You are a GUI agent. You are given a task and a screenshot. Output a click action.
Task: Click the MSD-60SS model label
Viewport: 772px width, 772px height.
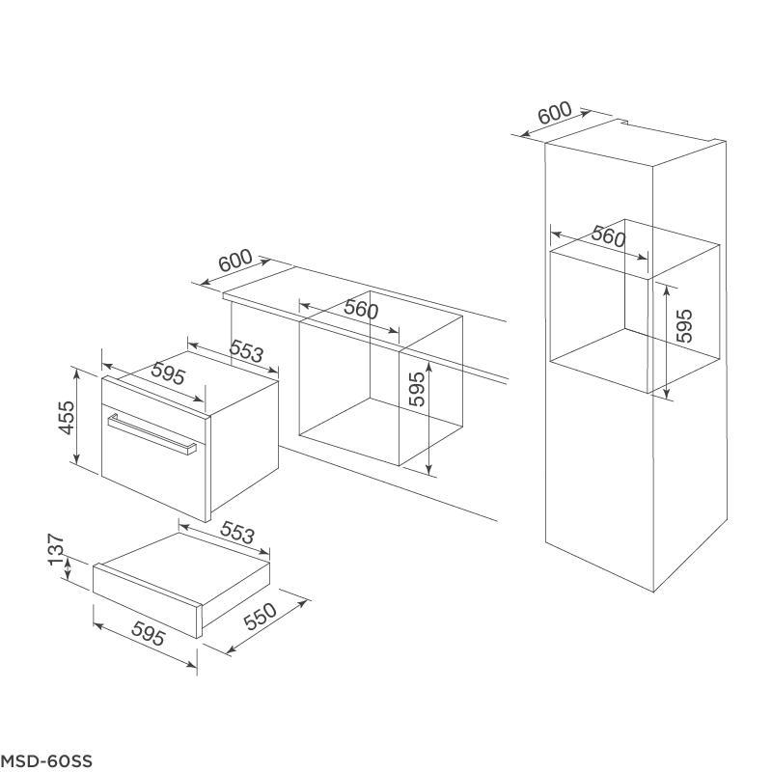pyautogui.click(x=45, y=760)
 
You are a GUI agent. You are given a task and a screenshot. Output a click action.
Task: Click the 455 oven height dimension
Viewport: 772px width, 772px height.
pyautogui.click(x=67, y=418)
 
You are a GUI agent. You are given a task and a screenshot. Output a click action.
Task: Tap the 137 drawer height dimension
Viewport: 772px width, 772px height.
pyautogui.click(x=57, y=549)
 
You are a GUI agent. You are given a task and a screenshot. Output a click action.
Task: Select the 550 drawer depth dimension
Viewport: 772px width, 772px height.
pyautogui.click(x=260, y=616)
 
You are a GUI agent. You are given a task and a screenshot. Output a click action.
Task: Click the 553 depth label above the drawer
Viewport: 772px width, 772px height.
pyautogui.click(x=237, y=533)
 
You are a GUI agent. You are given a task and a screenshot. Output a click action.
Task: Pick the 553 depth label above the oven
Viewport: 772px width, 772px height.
pyautogui.click(x=247, y=350)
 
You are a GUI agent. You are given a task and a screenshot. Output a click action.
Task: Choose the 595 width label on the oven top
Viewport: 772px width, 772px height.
pyautogui.click(x=168, y=373)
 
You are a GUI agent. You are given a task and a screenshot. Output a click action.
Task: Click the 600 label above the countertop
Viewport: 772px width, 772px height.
pyautogui.click(x=235, y=261)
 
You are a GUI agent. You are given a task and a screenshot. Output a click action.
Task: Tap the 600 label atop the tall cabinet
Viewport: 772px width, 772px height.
pyautogui.click(x=555, y=113)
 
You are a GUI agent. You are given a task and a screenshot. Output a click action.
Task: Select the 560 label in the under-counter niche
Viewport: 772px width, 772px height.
pyautogui.click(x=361, y=309)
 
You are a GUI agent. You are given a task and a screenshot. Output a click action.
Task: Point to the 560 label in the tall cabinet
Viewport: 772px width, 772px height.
pyautogui.click(x=609, y=235)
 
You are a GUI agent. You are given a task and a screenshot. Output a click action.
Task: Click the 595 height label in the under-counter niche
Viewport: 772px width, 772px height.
pyautogui.click(x=417, y=389)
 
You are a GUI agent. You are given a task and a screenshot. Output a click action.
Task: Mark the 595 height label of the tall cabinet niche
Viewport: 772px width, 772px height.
pyautogui.click(x=684, y=326)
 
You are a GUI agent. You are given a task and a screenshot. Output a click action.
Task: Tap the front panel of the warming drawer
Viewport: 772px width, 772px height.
pyautogui.click(x=147, y=601)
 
